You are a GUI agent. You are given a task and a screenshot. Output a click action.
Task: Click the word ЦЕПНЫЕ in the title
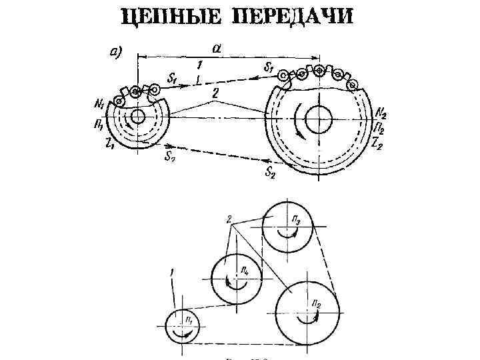click(170, 17)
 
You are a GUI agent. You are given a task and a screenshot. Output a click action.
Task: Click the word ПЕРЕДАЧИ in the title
click(292, 17)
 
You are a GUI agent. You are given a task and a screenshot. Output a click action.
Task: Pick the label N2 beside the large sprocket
click(381, 111)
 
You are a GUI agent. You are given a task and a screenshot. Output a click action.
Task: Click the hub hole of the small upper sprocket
click(138, 117)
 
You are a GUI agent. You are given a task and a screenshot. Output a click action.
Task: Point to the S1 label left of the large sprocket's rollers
click(269, 67)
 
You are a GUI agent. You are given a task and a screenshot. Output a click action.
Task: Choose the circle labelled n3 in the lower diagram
click(286, 226)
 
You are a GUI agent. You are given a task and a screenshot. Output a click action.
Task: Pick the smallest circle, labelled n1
click(183, 327)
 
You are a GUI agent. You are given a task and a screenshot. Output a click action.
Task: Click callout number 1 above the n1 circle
click(172, 272)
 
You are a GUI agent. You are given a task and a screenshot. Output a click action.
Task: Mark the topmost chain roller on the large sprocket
click(321, 70)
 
